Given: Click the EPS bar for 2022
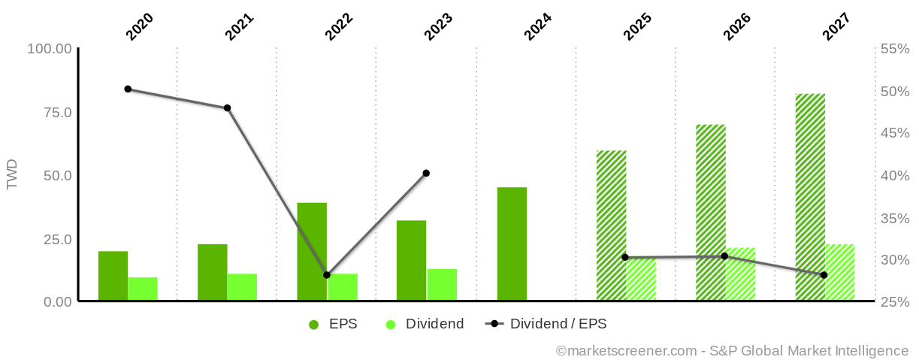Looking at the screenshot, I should coord(312,252).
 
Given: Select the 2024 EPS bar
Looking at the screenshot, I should coord(512,244).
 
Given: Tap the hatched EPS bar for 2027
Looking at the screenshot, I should coord(810,197).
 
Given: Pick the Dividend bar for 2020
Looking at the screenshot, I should coord(143,289).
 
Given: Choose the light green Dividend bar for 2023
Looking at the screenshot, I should coord(442,285).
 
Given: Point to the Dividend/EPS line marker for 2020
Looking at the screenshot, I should coord(128,89).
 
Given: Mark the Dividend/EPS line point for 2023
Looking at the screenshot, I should coord(426,173).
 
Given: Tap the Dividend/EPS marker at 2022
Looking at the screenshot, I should coord(327,275).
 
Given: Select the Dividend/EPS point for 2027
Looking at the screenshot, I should coord(824,275).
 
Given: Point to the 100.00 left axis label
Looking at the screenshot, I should coord(50,49).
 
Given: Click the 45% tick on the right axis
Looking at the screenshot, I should coord(894,133).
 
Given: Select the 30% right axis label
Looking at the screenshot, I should coord(894,260).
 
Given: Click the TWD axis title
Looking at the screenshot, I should coord(12,175).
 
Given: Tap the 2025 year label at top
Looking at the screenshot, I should coord(636,27).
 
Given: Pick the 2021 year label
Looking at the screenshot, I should coord(239,27).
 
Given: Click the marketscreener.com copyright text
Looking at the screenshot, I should coord(732,350).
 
